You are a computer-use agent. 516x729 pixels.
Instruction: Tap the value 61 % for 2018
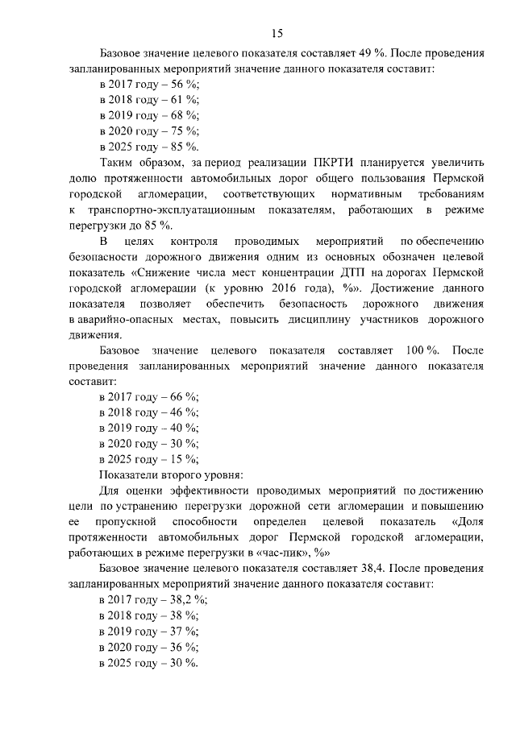tap(185, 100)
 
